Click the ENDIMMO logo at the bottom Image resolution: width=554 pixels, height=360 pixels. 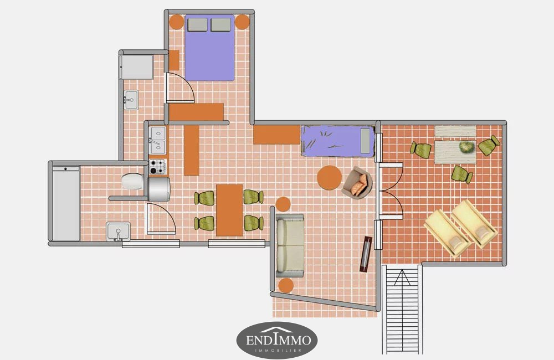(x=276, y=340)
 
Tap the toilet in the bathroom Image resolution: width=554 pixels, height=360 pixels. (x=132, y=181)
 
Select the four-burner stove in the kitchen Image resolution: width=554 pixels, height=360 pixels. (x=157, y=167)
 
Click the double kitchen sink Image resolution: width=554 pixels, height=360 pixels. (x=157, y=140)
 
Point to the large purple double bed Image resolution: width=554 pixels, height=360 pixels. (x=209, y=48)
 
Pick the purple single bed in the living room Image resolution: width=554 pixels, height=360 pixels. (x=338, y=141)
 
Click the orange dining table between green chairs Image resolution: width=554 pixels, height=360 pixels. (x=229, y=210)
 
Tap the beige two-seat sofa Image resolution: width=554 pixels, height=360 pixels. (x=290, y=245)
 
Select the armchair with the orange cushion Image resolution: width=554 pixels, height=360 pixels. (x=357, y=183)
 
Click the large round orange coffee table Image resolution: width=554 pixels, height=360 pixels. (x=329, y=178)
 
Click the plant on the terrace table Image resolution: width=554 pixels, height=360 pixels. (x=466, y=146)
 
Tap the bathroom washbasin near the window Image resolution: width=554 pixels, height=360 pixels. (x=118, y=232)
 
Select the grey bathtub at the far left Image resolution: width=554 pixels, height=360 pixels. (x=66, y=204)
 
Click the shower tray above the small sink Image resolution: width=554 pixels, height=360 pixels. (x=136, y=67)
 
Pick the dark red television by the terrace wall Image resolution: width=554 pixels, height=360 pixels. (x=366, y=254)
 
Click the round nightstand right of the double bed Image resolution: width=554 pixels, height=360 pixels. (x=242, y=22)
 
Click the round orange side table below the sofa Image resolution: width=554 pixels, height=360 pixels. (x=286, y=285)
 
